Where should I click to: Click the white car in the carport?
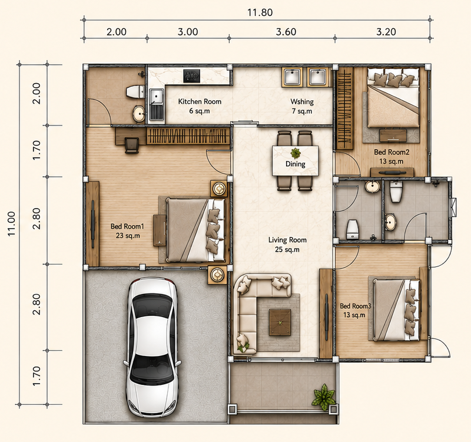(x=152, y=347)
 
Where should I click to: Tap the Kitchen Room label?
(x=200, y=101)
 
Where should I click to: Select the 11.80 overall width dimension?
(x=260, y=12)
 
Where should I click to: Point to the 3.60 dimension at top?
(x=286, y=32)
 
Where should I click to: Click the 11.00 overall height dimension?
(x=11, y=224)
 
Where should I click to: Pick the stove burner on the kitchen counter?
(x=192, y=76)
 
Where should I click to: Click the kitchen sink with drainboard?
(x=157, y=104)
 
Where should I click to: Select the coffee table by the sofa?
(x=280, y=322)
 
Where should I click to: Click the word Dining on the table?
(x=296, y=164)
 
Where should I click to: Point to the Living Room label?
(x=287, y=240)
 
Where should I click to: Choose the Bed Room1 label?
(x=127, y=226)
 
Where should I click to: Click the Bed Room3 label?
(x=356, y=306)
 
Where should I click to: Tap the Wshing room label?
(x=302, y=101)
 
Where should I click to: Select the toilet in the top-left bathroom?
(x=135, y=91)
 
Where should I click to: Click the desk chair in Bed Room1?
(x=131, y=146)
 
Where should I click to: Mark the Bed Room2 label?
(x=392, y=152)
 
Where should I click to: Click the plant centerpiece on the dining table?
(x=296, y=153)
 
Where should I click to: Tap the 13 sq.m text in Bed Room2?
(x=391, y=161)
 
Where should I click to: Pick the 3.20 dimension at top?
(x=386, y=32)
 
